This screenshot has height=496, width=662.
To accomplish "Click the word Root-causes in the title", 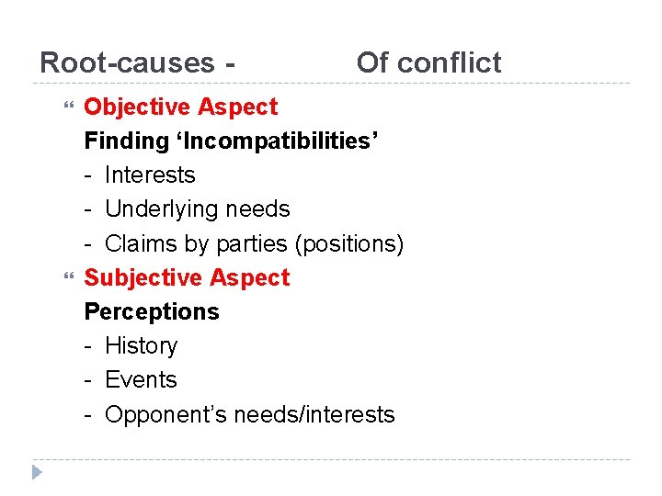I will [127, 62].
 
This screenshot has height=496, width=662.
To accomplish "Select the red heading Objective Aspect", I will [180, 107].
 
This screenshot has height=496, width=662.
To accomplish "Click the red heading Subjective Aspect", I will [187, 277].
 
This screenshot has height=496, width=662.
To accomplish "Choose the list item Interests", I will [150, 175].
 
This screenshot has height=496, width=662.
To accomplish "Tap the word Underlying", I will [162, 209].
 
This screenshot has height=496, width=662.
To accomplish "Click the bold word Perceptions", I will [152, 311].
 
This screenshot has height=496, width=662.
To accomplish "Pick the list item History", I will [142, 345].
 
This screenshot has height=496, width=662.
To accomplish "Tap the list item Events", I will [141, 379].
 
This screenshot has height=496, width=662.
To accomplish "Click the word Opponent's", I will [165, 414].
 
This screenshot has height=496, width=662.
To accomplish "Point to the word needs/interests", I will [314, 414].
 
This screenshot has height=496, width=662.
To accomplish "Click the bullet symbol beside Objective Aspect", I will [63, 107].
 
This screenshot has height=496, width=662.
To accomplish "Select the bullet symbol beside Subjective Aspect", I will [63, 277].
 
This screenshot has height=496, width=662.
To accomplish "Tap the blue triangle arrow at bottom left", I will [36, 473].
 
